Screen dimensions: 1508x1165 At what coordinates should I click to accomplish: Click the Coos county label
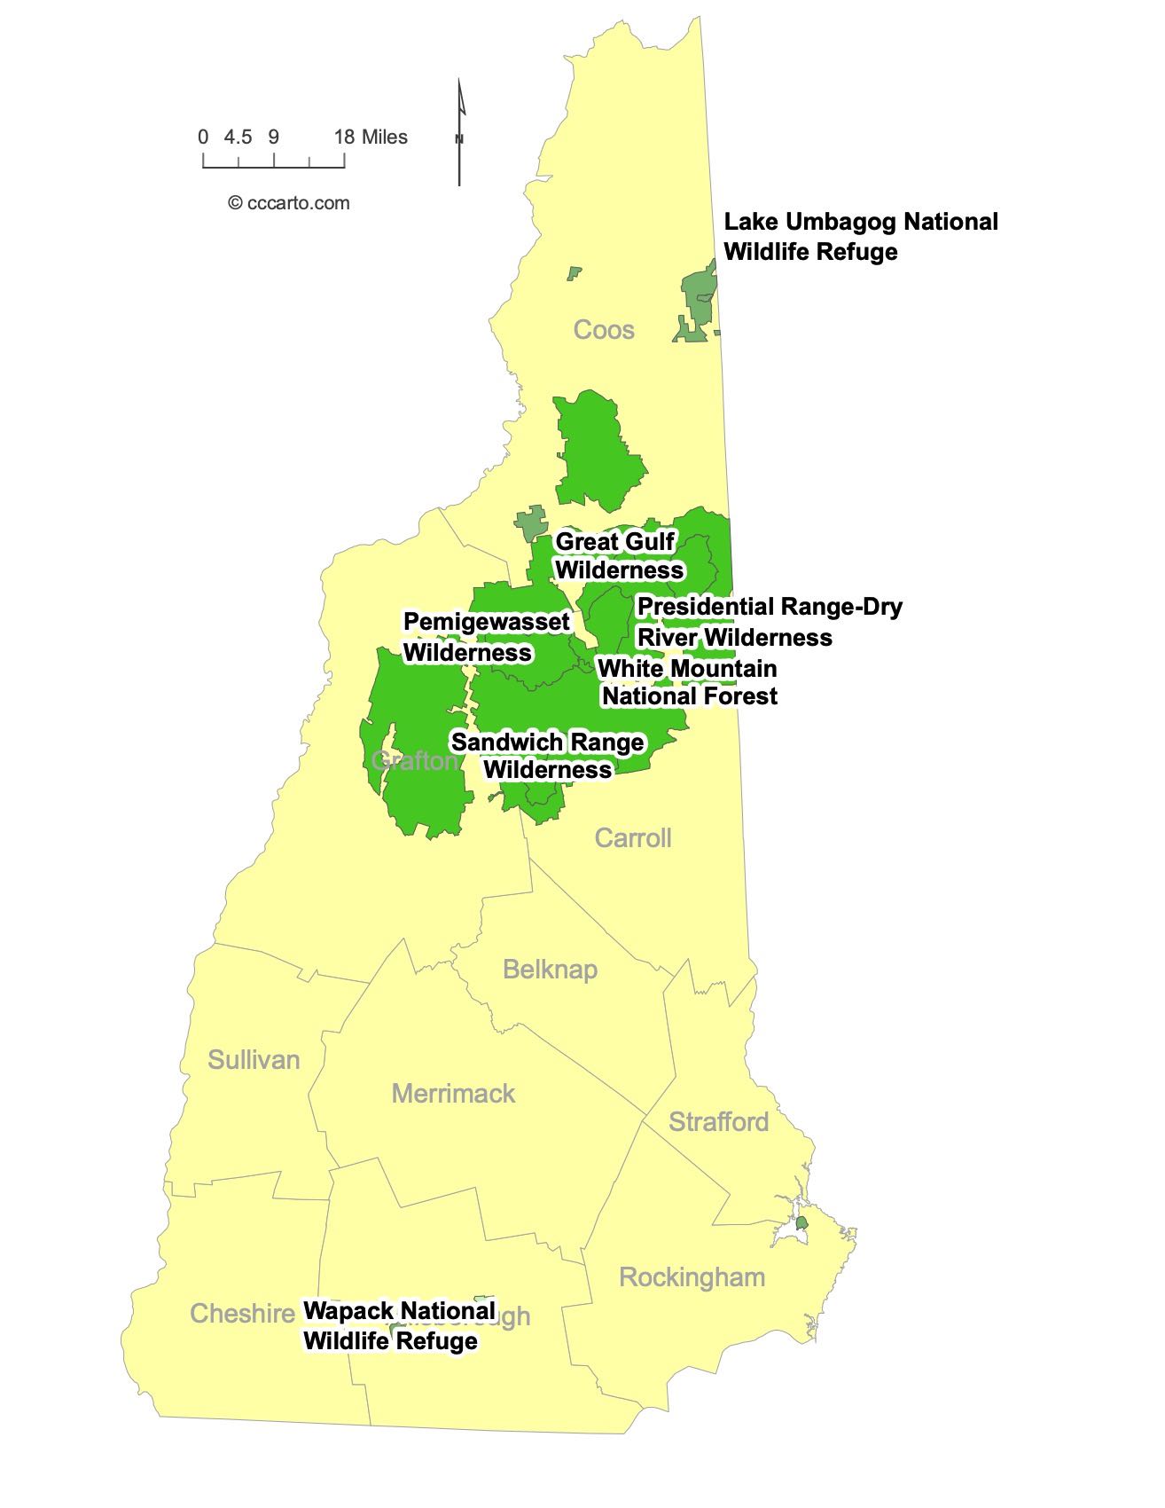604,330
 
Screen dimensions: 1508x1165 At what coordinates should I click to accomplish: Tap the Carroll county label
632,837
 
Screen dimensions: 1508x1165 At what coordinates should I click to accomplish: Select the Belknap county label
550,969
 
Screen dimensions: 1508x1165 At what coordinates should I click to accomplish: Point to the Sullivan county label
254,1059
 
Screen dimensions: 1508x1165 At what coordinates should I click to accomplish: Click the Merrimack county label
453,1093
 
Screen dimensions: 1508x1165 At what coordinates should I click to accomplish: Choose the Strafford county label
718,1121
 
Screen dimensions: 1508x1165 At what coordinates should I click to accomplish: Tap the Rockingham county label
692,1277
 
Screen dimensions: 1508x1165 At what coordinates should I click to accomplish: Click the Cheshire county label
241,1313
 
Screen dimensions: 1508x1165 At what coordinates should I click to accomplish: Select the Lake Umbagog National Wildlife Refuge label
860,236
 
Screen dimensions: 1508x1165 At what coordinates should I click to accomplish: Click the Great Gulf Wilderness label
618,555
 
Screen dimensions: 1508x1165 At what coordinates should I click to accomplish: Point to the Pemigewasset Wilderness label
486,637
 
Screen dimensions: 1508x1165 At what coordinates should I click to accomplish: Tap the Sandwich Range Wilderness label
548,755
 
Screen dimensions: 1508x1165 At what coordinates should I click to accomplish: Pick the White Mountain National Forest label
688,682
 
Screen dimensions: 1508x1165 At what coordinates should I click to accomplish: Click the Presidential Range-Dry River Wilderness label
769,622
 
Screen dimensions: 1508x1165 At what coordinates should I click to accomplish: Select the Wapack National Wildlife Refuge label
399,1325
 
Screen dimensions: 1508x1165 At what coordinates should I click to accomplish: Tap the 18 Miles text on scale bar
371,137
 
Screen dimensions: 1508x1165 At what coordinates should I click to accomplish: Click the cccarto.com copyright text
289,203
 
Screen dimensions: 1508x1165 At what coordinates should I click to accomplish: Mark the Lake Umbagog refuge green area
698,302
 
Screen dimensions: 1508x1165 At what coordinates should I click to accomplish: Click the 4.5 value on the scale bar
238,137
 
